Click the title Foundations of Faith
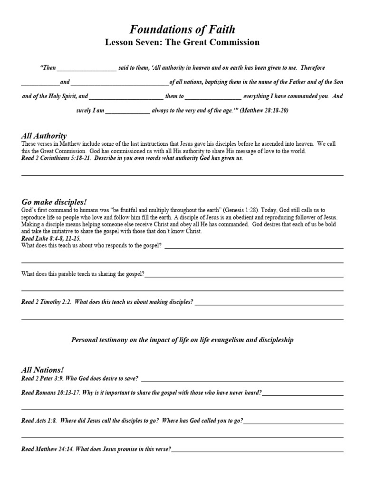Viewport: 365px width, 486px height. [x=182, y=30]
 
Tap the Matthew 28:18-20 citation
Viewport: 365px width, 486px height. [x=264, y=110]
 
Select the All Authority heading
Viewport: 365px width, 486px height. [x=44, y=136]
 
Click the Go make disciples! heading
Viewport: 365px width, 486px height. [x=54, y=201]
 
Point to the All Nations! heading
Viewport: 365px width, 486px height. [x=42, y=369]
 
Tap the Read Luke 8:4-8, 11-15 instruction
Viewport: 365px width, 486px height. [x=51, y=238]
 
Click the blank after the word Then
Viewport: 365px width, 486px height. [x=86, y=68]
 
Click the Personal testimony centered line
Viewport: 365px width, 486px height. [x=182, y=340]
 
